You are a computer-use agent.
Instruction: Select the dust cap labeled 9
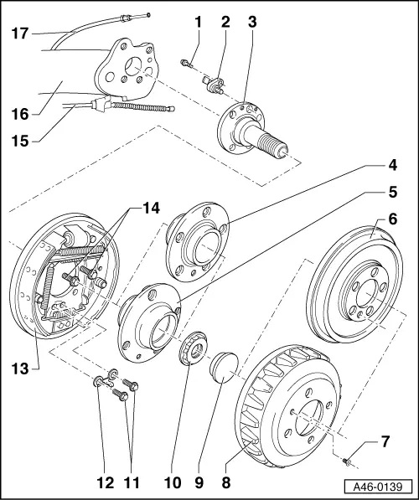pyautogui.click(x=222, y=369)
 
